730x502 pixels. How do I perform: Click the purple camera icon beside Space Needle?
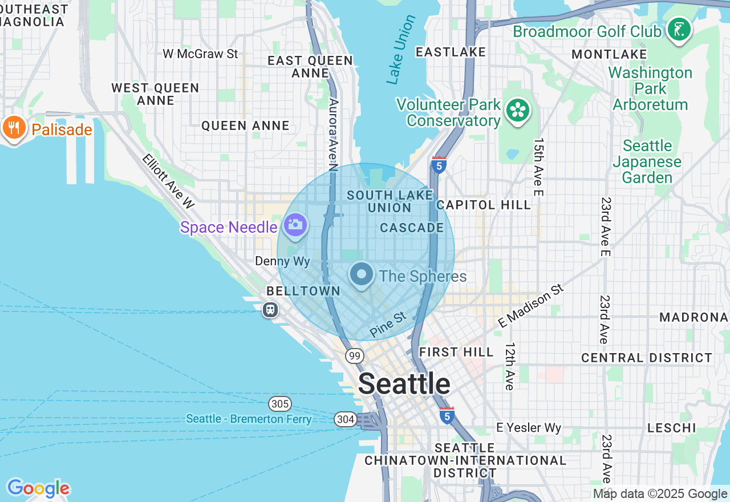(295, 225)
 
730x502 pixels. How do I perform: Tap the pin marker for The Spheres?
(362, 275)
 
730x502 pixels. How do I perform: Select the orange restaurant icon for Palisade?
(14, 128)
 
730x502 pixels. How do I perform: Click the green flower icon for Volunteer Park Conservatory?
(518, 111)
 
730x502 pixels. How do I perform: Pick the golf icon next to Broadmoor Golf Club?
(679, 30)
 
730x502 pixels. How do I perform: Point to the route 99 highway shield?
(355, 356)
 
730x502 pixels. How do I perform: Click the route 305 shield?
(280, 404)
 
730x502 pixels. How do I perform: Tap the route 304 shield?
(345, 419)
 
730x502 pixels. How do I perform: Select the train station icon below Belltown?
(270, 310)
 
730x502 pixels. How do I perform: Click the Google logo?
(38, 489)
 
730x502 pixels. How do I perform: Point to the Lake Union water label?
(401, 50)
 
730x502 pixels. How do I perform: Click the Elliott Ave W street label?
(168, 180)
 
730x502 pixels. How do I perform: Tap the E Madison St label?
(530, 306)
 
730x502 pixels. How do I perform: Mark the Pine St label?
(388, 324)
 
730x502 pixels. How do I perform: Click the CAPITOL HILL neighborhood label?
(476, 205)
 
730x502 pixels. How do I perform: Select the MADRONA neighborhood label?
(693, 317)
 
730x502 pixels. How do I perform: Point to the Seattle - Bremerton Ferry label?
(249, 419)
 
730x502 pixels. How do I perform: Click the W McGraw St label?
(200, 54)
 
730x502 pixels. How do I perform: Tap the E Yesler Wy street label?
(529, 428)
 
